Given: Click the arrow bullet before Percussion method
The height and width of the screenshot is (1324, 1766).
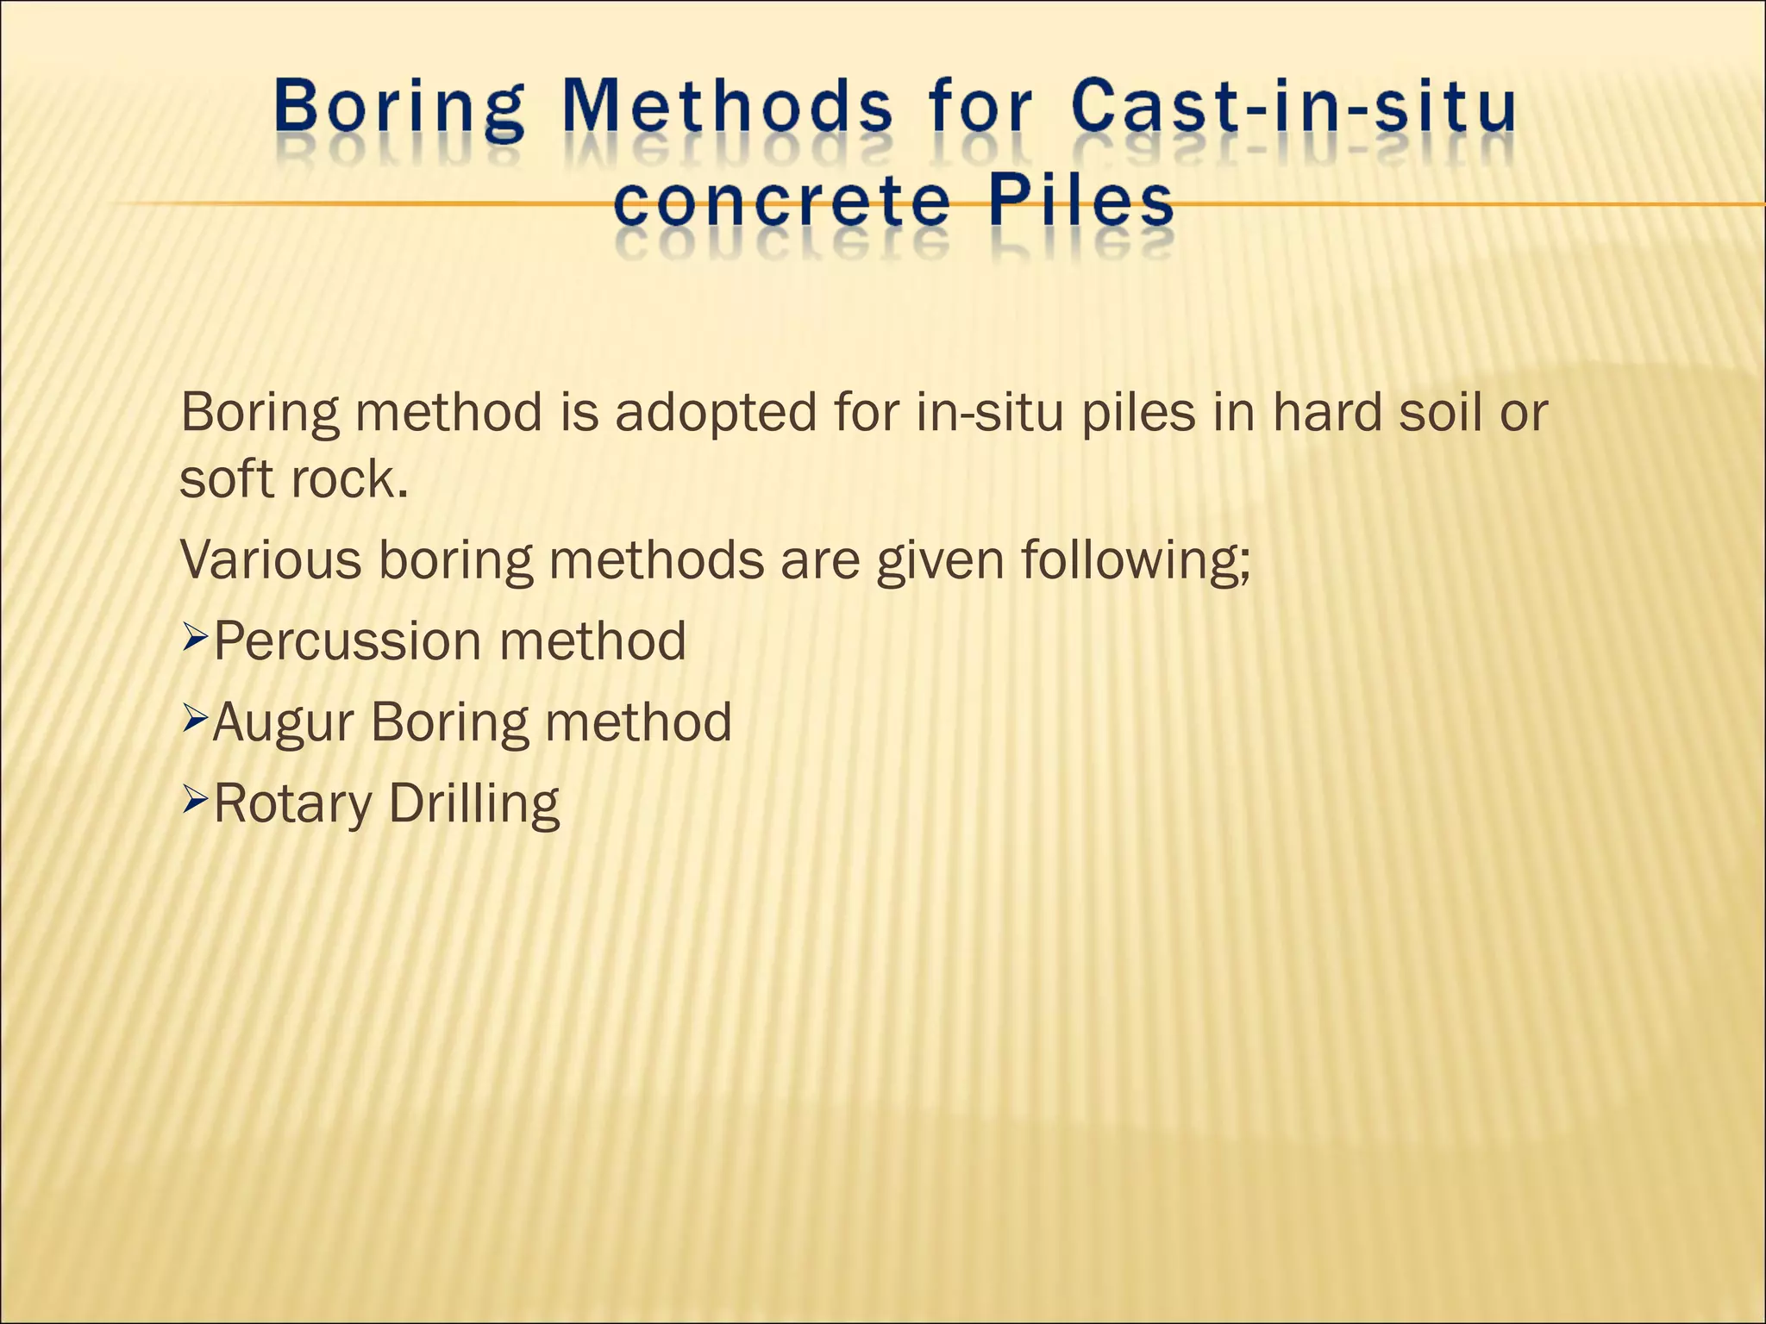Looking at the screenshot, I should click(x=196, y=640).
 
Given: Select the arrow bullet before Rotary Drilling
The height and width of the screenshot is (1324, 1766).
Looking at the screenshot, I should click(x=196, y=803).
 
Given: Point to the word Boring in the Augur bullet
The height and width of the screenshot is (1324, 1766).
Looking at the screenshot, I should click(x=449, y=723).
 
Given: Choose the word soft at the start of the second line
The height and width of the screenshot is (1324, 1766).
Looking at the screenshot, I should click(x=227, y=479).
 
